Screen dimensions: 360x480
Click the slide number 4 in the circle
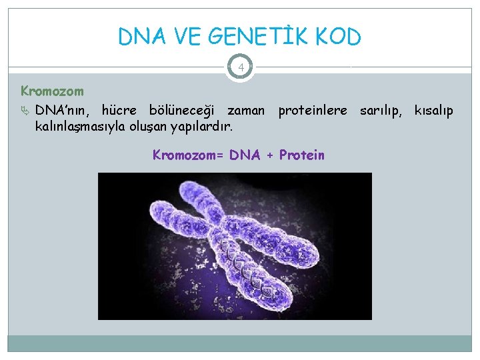tap(240, 67)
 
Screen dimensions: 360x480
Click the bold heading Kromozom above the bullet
tap(52, 91)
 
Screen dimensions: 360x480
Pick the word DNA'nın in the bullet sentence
tap(63, 110)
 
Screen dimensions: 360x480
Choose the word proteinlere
tap(313, 110)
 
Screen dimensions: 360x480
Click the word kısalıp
tap(433, 110)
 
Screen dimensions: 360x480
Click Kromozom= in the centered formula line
tap(188, 155)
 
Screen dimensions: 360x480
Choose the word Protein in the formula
tap(302, 155)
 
